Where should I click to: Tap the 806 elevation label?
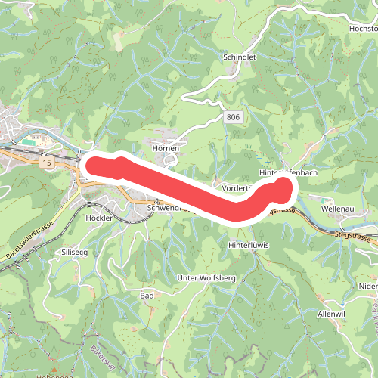click(232, 117)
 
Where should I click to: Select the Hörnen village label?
click(165, 149)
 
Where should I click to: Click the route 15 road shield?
click(48, 163)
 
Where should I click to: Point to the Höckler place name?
click(99, 217)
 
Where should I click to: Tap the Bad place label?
click(147, 294)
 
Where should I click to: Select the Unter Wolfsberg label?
click(206, 278)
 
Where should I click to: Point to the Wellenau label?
click(337, 207)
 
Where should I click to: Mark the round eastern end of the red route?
click(283, 185)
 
